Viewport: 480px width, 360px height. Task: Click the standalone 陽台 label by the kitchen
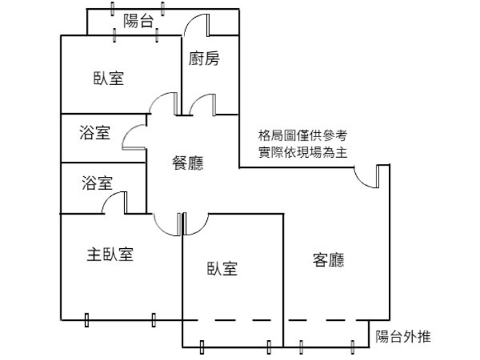click(139, 21)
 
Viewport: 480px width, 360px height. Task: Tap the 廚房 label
click(204, 60)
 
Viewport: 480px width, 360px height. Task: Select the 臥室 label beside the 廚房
click(108, 78)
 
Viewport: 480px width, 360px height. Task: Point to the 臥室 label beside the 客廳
click(221, 269)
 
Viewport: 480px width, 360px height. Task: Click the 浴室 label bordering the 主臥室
click(97, 183)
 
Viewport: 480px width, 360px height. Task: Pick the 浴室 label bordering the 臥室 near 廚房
click(95, 132)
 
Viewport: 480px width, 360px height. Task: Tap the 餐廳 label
click(187, 163)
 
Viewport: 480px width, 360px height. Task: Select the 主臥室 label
click(110, 255)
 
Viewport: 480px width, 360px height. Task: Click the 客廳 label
click(328, 261)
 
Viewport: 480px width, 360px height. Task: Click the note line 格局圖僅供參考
click(302, 136)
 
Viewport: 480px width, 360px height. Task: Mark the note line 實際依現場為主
click(302, 152)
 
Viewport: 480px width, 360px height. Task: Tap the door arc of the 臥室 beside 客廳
click(196, 224)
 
